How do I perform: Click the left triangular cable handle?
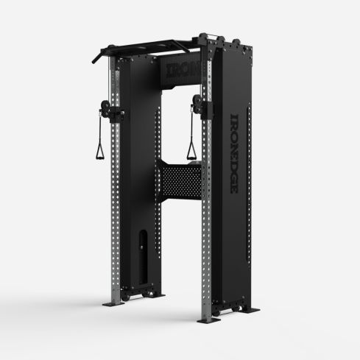pyautogui.click(x=99, y=151)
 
